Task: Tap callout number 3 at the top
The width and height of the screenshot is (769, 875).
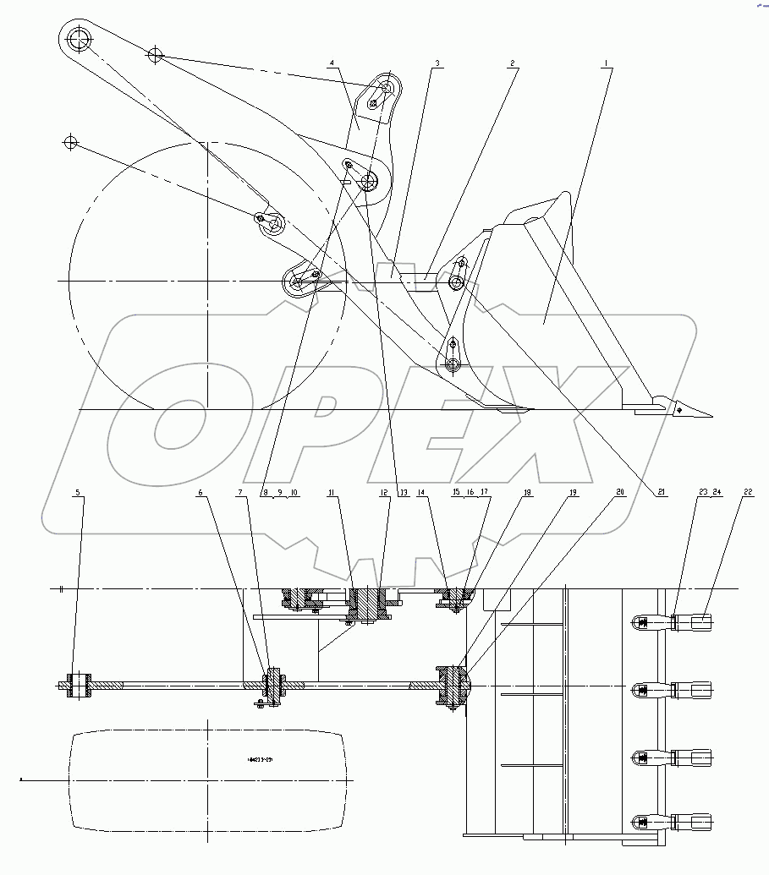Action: tap(437, 63)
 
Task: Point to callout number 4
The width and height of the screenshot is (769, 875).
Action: tap(332, 63)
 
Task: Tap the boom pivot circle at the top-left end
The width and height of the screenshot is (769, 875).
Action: tap(80, 39)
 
